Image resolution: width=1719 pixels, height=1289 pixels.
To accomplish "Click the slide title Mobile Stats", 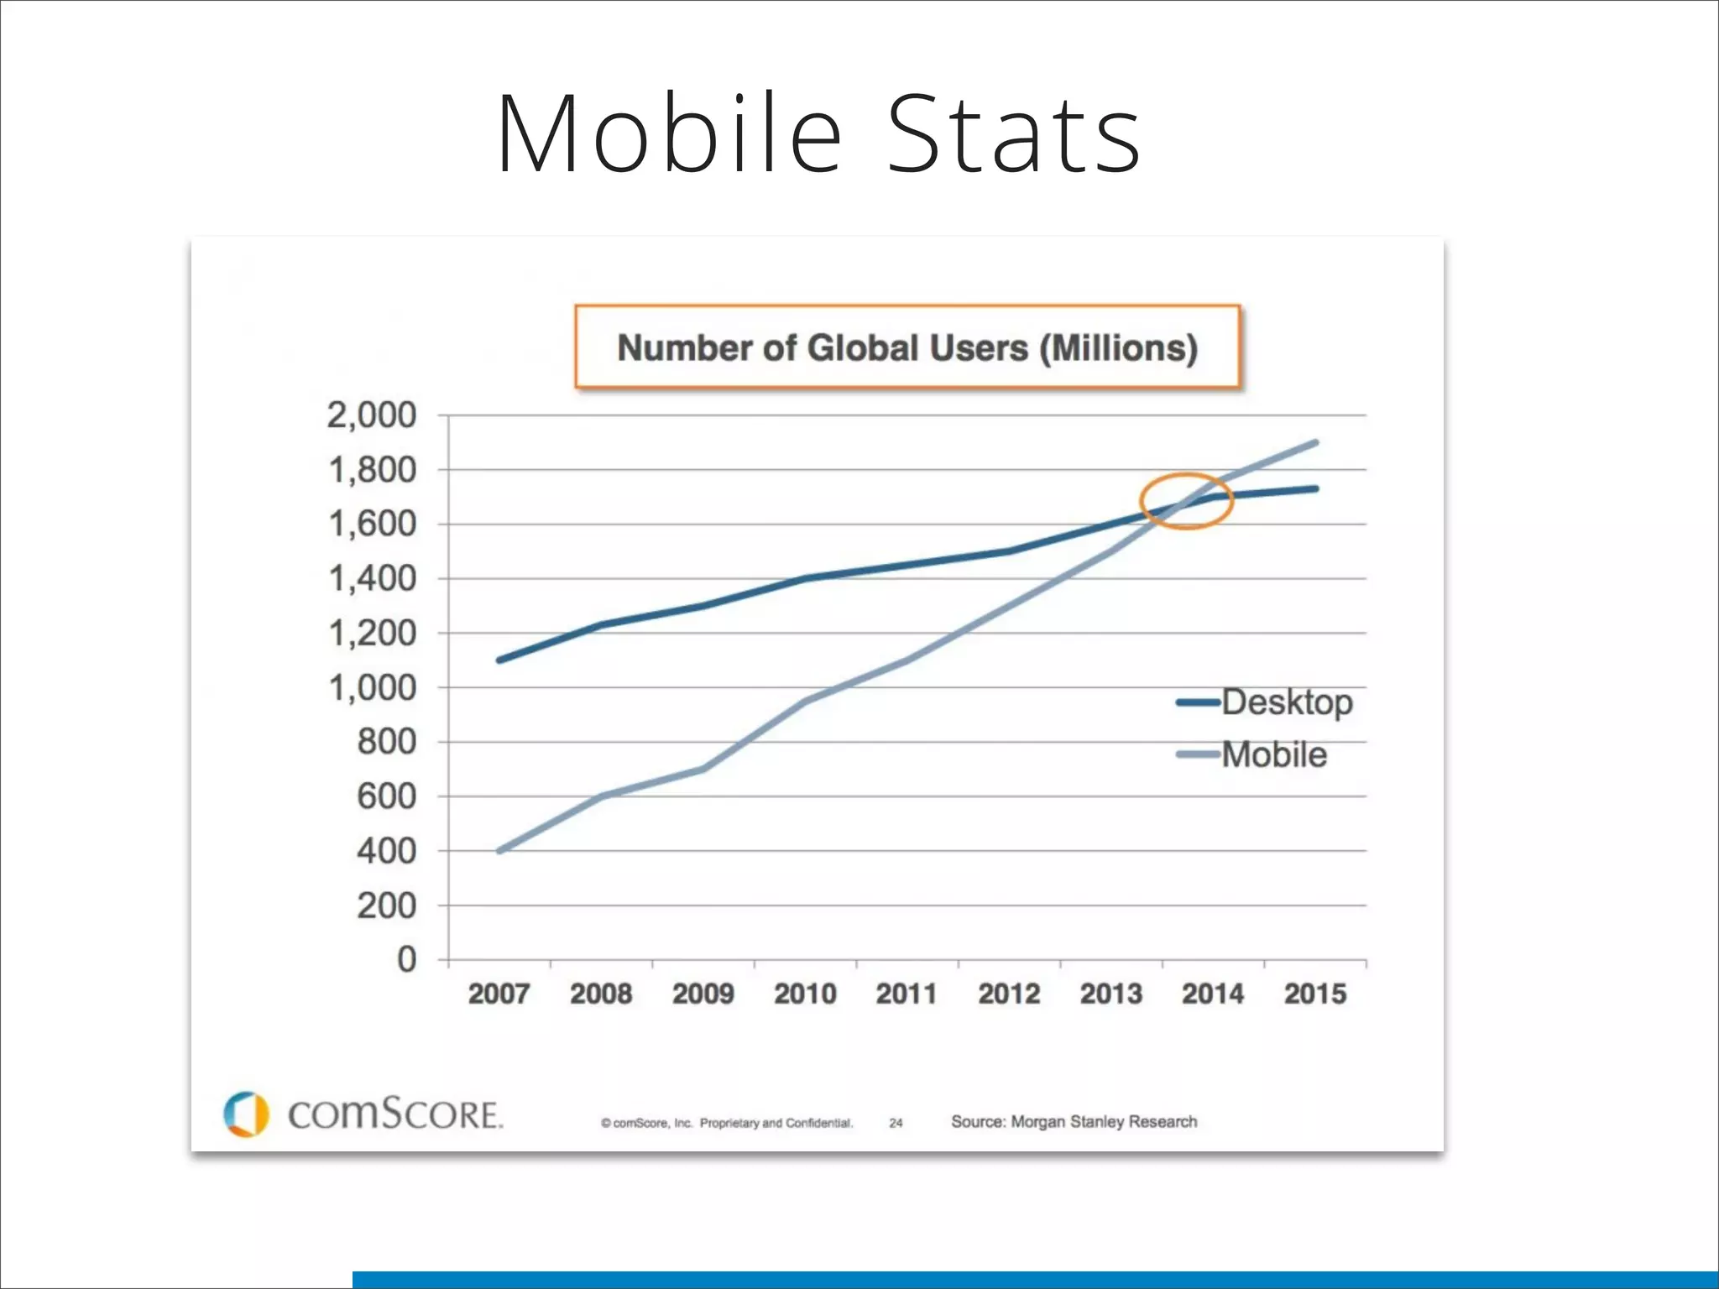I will point(818,134).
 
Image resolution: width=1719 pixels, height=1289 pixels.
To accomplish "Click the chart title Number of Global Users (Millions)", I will point(907,347).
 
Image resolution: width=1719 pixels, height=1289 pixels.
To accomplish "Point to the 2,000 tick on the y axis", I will point(371,415).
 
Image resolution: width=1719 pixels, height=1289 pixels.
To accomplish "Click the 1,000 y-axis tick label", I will point(371,688).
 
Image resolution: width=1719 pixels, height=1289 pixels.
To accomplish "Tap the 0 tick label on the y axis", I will point(406,959).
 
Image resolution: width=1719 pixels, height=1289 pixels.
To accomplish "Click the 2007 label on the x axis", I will point(499,994).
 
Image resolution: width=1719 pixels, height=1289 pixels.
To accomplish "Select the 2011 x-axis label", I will point(907,994).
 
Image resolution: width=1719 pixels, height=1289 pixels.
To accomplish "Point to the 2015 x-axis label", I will point(1314,994).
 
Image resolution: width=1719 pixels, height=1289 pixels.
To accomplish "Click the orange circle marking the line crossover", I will point(1186,501).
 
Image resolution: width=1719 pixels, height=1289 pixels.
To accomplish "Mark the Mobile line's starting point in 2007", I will point(500,851).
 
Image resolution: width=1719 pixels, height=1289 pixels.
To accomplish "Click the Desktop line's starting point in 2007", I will point(500,660).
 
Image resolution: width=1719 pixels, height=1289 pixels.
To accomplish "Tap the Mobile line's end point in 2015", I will point(1314,442).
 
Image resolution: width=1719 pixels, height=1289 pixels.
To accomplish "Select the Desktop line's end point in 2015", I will point(1314,488).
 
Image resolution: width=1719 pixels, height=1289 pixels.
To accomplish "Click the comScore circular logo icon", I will point(246,1114).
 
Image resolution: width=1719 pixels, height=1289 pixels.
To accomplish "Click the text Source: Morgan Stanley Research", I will point(1074,1122).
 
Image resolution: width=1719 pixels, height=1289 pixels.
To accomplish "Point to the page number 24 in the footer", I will point(896,1123).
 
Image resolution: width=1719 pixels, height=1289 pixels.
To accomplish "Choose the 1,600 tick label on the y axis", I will point(371,524).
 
